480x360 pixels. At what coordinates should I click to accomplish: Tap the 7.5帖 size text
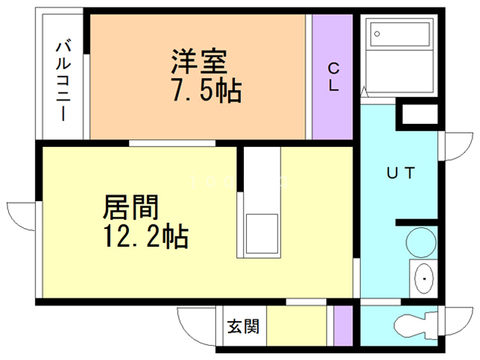pyautogui.click(x=205, y=91)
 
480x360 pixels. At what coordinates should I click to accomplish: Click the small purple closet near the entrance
pyautogui.click(x=343, y=327)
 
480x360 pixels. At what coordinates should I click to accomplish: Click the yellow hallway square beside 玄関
pyautogui.click(x=296, y=327)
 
